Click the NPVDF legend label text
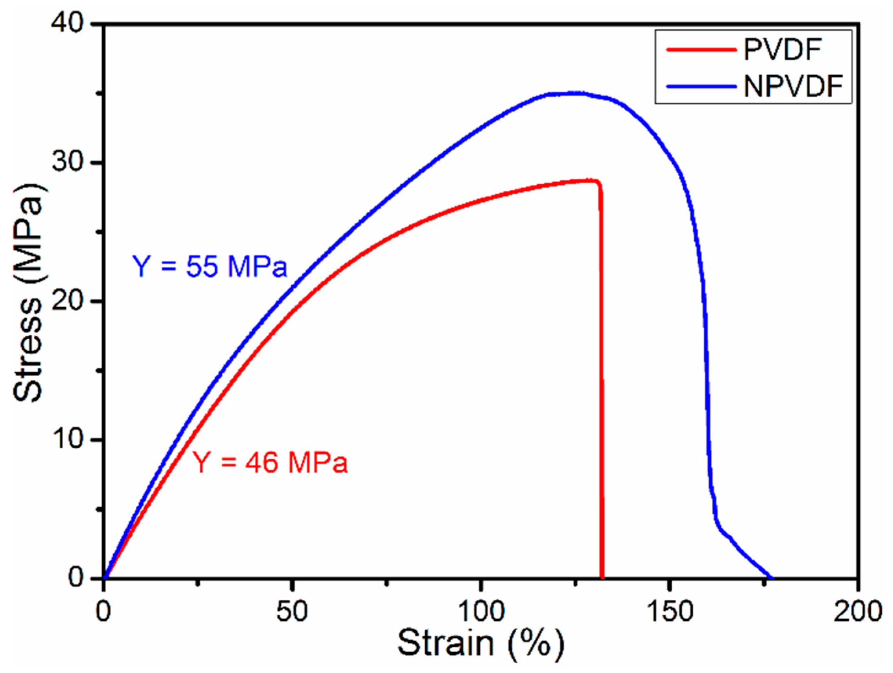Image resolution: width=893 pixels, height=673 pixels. click(793, 86)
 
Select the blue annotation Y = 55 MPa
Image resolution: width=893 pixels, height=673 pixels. click(209, 267)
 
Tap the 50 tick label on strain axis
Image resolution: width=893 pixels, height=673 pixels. click(292, 611)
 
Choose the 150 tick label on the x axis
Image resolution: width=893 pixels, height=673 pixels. click(670, 611)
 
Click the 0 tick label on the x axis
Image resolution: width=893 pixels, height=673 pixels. click(104, 611)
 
